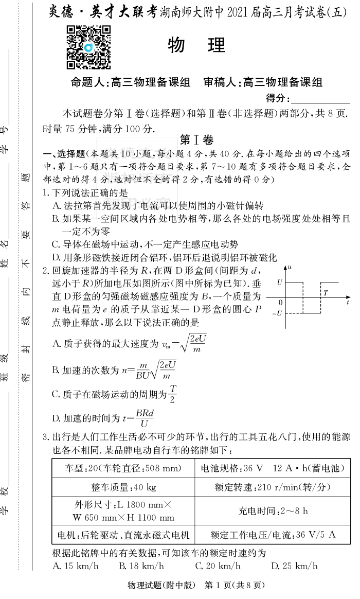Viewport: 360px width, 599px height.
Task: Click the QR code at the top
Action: point(88,47)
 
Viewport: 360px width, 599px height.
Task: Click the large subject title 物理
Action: point(196,45)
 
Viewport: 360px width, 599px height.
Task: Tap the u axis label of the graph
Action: point(290,268)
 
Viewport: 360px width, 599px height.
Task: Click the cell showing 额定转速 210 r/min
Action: point(273,486)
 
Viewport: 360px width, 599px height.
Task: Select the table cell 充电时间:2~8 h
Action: point(273,511)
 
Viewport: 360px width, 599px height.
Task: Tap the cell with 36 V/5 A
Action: point(273,535)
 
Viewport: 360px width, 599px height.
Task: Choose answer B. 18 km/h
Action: point(141,566)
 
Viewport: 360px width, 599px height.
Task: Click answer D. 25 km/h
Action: point(294,566)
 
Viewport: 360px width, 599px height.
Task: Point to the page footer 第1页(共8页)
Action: point(234,585)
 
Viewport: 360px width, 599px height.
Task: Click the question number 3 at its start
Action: point(46,438)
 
